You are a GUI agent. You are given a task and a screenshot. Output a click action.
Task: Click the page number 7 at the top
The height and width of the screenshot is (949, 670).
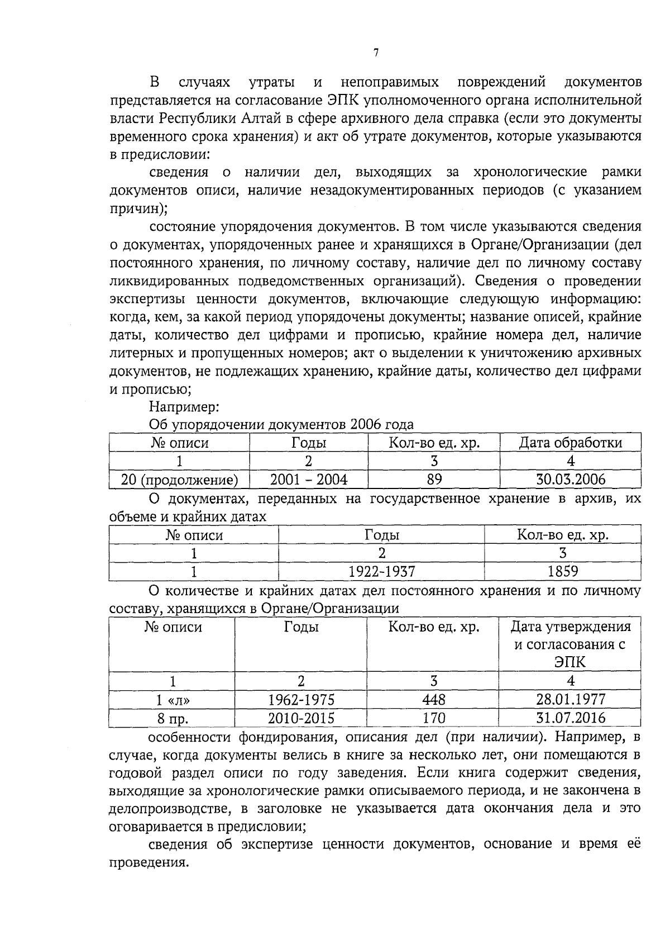pyautogui.click(x=376, y=53)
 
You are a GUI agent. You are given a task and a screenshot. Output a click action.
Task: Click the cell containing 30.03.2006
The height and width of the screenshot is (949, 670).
pyautogui.click(x=570, y=480)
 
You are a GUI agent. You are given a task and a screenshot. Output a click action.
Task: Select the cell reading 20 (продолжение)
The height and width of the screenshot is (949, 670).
pyautogui.click(x=179, y=480)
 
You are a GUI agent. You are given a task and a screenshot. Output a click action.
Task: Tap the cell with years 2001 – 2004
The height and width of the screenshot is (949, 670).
pyautogui.click(x=308, y=480)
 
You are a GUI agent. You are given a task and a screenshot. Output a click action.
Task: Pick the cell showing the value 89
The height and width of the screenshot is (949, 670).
pyautogui.click(x=434, y=480)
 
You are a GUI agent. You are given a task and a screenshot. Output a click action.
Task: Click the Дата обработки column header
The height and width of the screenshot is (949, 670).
pyautogui.click(x=570, y=443)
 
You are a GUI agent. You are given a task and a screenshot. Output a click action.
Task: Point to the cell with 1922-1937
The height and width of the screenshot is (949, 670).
pyautogui.click(x=381, y=571)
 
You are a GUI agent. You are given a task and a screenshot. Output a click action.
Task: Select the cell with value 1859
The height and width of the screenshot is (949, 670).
pyautogui.click(x=562, y=571)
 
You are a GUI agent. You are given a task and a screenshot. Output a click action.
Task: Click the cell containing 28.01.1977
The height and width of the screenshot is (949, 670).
pyautogui.click(x=570, y=699)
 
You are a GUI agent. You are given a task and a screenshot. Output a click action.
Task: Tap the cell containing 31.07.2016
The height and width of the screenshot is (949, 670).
pyautogui.click(x=570, y=718)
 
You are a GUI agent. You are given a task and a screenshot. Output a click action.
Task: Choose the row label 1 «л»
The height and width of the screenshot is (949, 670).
pyautogui.click(x=173, y=700)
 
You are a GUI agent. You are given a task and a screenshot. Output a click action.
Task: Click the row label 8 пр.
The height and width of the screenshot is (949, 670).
pyautogui.click(x=173, y=718)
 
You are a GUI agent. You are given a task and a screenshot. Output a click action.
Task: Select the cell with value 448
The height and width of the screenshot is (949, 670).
pyautogui.click(x=433, y=699)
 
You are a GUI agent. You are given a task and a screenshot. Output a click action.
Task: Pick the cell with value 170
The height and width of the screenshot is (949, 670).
pyautogui.click(x=433, y=718)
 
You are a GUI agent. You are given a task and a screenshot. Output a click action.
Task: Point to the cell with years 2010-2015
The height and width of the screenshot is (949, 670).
pyautogui.click(x=301, y=718)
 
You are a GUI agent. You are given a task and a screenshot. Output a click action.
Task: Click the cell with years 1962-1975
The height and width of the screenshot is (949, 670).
pyautogui.click(x=301, y=699)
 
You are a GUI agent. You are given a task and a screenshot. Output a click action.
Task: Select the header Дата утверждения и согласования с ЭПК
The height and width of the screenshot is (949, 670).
pyautogui.click(x=570, y=644)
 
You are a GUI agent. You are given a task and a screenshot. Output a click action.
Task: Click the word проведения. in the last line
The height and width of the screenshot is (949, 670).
pyautogui.click(x=147, y=862)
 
